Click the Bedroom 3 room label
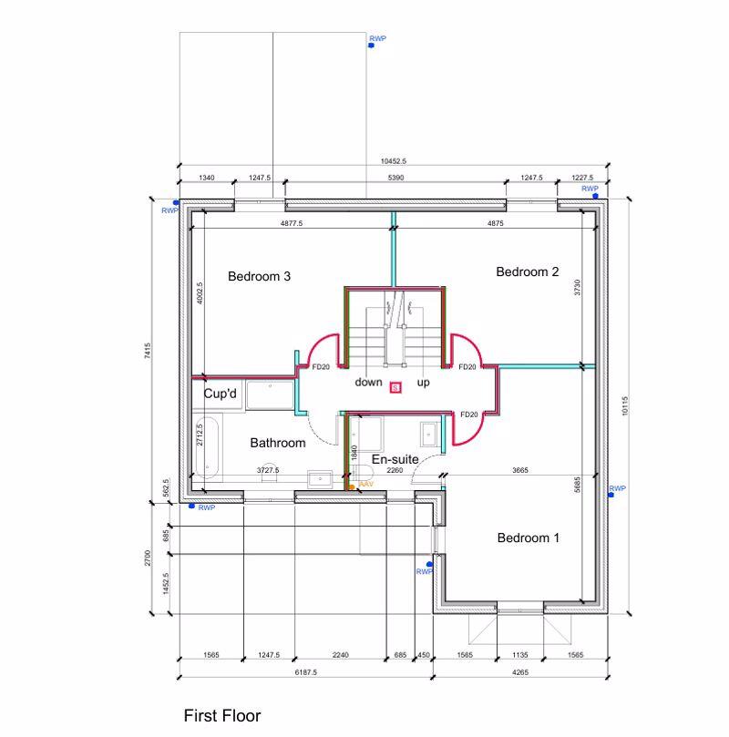click(259, 277)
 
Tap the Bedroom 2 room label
click(527, 271)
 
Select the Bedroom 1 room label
click(529, 537)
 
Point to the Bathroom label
click(278, 443)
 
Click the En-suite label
click(395, 459)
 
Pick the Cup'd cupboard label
click(220, 394)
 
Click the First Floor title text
click(222, 716)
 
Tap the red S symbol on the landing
click(395, 387)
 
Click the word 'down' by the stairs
click(368, 383)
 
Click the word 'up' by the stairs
click(424, 383)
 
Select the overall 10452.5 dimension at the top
click(393, 161)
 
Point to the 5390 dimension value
click(395, 179)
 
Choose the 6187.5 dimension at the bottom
click(305, 672)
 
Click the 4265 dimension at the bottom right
click(519, 672)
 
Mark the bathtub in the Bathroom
click(207, 449)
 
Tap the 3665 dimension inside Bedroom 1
click(519, 471)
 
